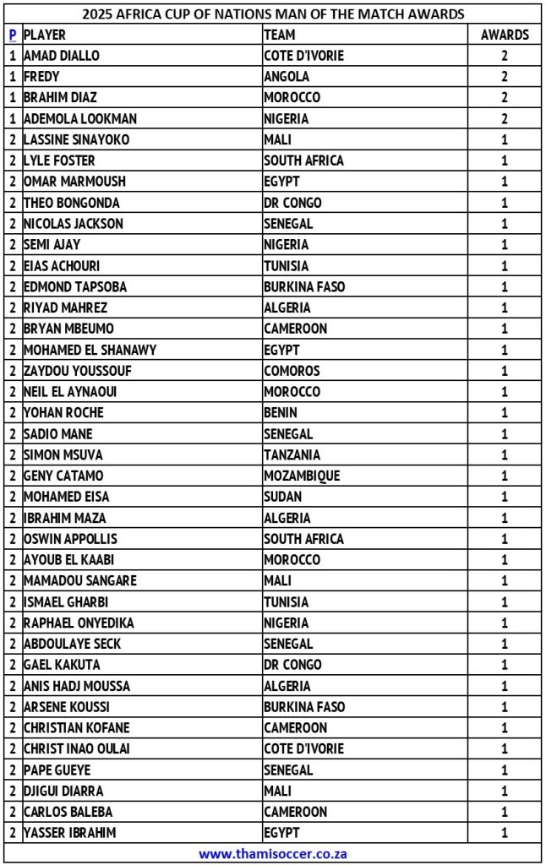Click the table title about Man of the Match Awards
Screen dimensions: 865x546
click(x=273, y=14)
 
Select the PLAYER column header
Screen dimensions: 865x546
click(x=45, y=35)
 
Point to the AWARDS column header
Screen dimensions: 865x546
click(x=505, y=35)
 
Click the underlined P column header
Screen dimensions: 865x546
click(x=12, y=35)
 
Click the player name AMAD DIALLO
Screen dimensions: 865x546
click(x=62, y=56)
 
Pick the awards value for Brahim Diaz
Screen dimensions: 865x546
click(x=505, y=98)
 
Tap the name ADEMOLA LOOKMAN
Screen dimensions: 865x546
click(x=80, y=119)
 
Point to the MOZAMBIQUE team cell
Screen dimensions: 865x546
click(x=302, y=476)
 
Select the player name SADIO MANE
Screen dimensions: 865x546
click(x=58, y=434)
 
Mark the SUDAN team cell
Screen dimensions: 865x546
click(x=283, y=497)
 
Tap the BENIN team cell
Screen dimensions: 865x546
click(x=281, y=413)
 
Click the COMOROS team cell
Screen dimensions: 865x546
click(x=292, y=371)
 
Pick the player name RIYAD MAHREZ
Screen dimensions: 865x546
click(x=66, y=308)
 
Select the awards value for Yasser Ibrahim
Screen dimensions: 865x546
click(x=505, y=833)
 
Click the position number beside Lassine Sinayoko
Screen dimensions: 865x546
click(x=12, y=140)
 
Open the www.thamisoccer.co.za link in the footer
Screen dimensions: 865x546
click(x=273, y=853)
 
